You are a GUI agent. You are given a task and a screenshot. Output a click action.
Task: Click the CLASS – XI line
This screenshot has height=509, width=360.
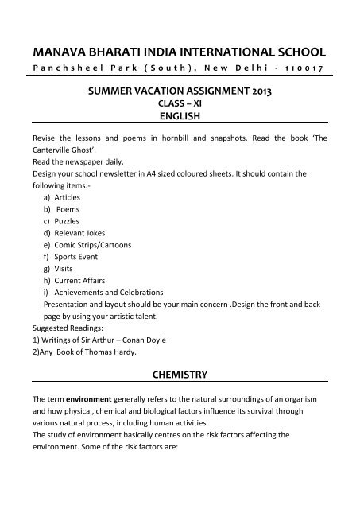(179, 103)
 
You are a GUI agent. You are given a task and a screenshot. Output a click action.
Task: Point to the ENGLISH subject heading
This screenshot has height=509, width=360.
(179, 115)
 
